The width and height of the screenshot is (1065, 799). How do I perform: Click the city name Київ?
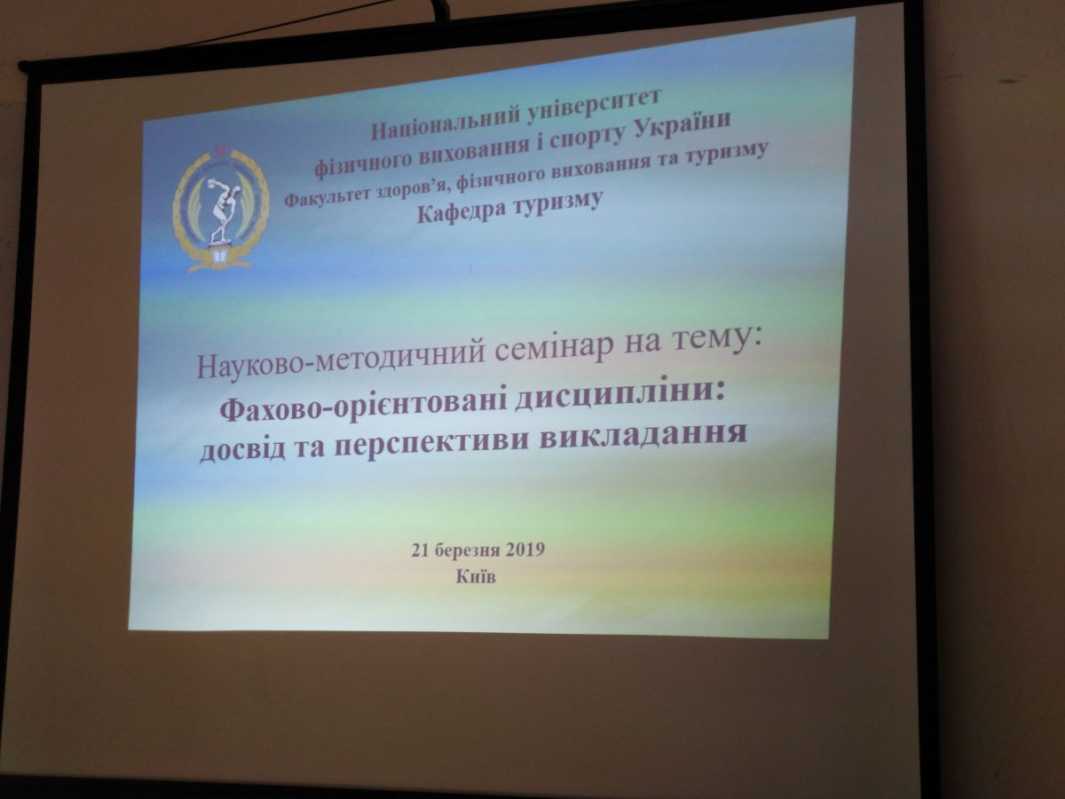point(476,576)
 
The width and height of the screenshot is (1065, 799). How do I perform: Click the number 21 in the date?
point(420,550)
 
